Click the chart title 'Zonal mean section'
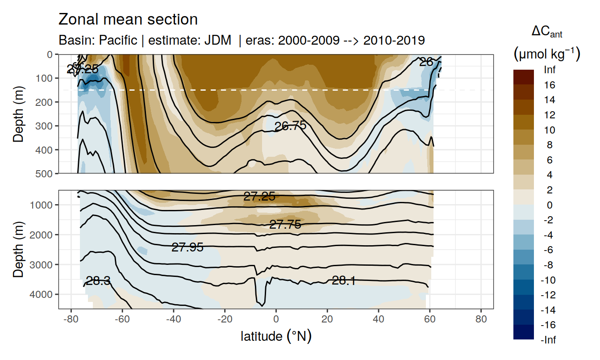point(128,20)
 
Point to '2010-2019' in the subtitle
point(394,40)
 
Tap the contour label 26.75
point(290,126)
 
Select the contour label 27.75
point(285,225)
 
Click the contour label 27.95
point(187,247)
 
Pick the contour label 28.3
point(99,281)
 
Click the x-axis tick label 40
point(379,321)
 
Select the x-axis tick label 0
point(276,321)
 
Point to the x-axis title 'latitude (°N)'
point(276,336)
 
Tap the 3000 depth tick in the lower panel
point(42,264)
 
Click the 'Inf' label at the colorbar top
point(550,70)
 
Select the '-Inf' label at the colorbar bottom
point(549,340)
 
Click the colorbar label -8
point(550,265)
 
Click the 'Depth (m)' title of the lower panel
point(18,249)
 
